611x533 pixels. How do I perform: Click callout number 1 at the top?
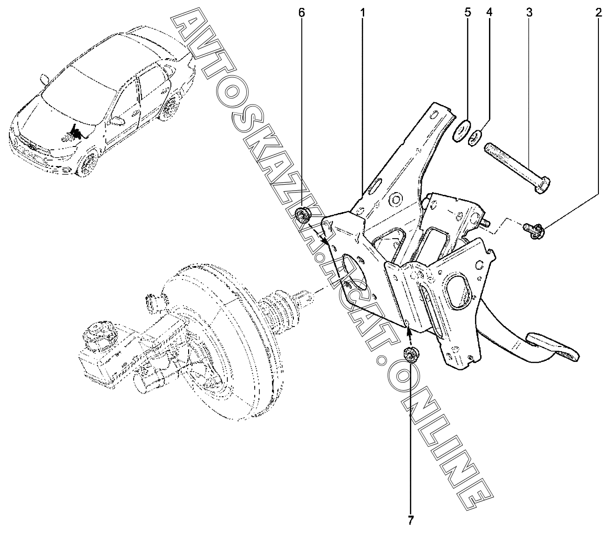coord(362,13)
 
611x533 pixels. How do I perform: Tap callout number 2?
coord(598,13)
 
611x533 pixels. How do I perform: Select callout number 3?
coord(529,13)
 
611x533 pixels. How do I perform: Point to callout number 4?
coord(489,13)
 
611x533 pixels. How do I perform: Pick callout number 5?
coord(468,13)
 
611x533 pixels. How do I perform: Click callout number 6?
coord(301,13)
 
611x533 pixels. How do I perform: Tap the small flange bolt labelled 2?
coord(534,228)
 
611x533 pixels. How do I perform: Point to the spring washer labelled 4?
coord(475,137)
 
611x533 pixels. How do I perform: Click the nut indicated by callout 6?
coord(304,214)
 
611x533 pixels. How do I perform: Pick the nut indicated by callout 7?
coord(410,355)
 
